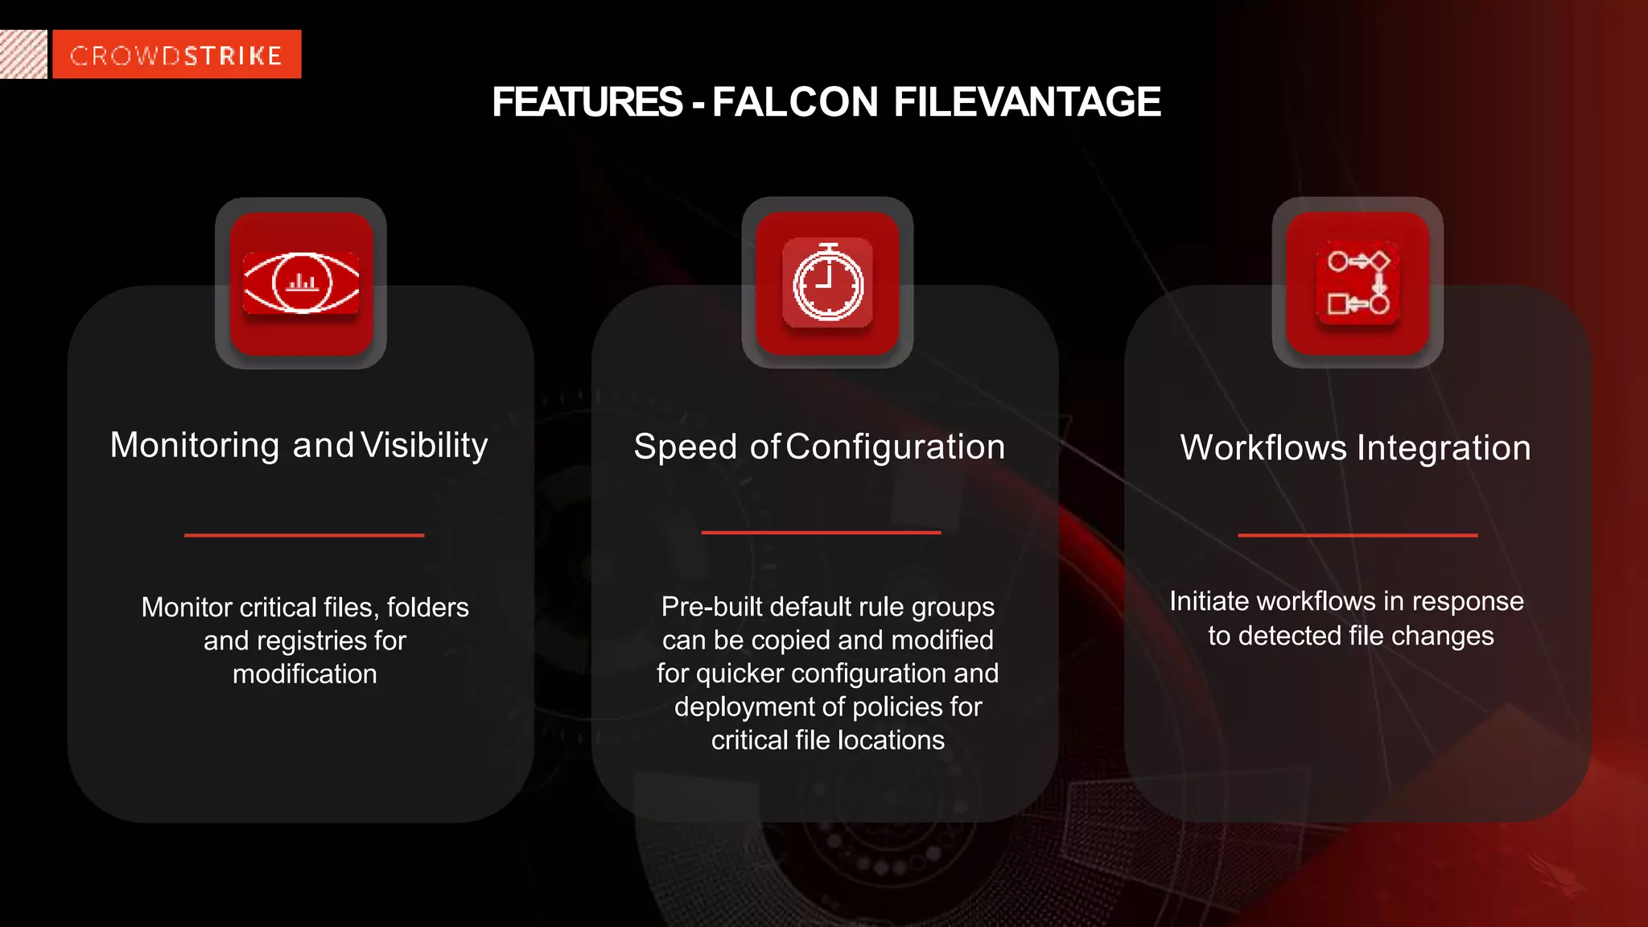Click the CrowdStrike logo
click(x=176, y=55)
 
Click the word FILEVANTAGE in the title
click(x=1027, y=102)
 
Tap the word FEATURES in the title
click(x=587, y=102)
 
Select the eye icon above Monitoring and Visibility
click(x=301, y=283)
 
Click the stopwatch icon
click(x=827, y=283)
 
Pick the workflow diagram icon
click(x=1358, y=283)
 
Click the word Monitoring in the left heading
click(x=195, y=445)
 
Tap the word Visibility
click(x=424, y=445)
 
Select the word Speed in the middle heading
click(x=685, y=447)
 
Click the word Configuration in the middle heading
click(x=895, y=447)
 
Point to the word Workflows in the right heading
click(x=1263, y=448)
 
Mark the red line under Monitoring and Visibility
click(x=304, y=535)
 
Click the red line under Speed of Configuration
click(x=821, y=533)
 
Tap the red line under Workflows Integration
click(x=1358, y=535)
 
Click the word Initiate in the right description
click(x=1209, y=601)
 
